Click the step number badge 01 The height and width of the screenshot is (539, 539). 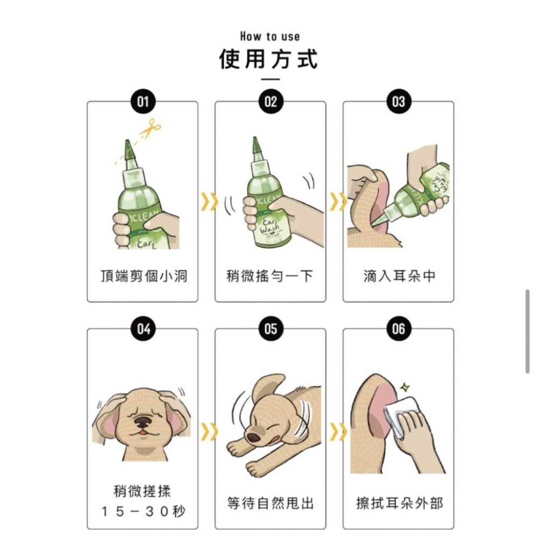143,102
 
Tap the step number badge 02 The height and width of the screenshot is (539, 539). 271,102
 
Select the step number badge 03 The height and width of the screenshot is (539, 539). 398,102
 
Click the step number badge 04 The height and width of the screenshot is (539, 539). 143,329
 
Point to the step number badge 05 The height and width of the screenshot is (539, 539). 271,329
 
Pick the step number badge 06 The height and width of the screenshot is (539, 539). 398,329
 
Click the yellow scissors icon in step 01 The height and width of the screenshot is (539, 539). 150,128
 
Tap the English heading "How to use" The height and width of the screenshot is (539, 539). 269,37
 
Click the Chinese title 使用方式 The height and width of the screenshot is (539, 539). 269,59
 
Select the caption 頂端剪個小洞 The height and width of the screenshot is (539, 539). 143,277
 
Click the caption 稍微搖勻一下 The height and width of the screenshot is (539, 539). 270,277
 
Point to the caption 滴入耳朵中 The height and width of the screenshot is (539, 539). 398,277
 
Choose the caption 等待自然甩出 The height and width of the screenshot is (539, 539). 270,503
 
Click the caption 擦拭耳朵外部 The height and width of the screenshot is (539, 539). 398,503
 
